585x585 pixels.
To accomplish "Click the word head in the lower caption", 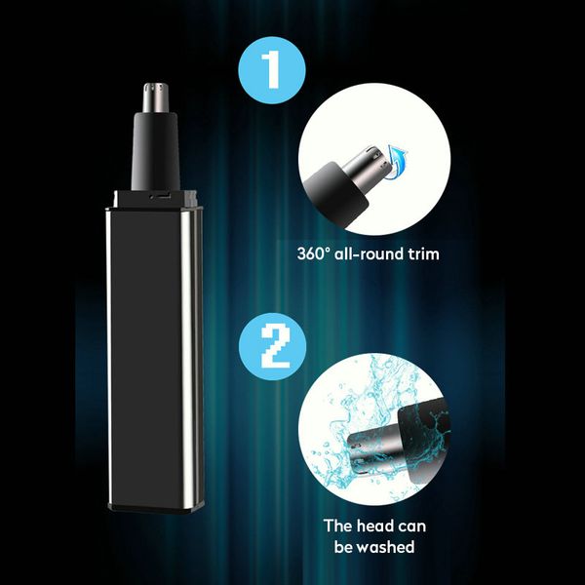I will coord(378,526).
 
